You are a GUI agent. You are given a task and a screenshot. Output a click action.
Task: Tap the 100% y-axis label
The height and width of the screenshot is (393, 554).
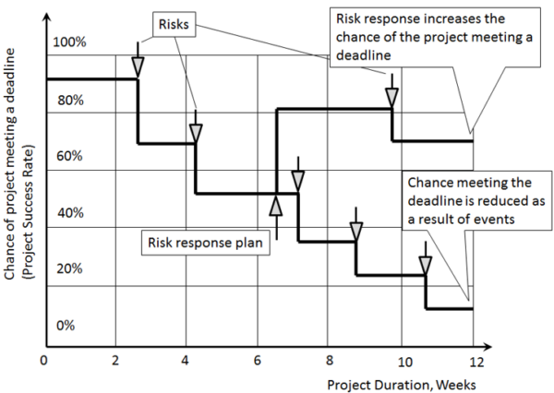69,42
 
